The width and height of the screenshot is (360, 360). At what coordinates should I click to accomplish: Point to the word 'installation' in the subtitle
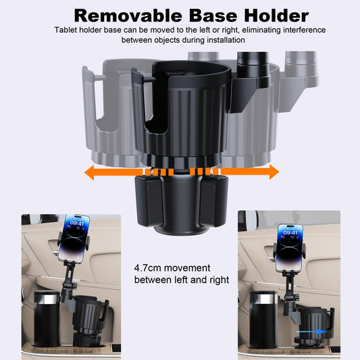pyautogui.click(x=225, y=41)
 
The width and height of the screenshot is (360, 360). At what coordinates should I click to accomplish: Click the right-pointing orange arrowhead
pyautogui.click(x=272, y=173)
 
